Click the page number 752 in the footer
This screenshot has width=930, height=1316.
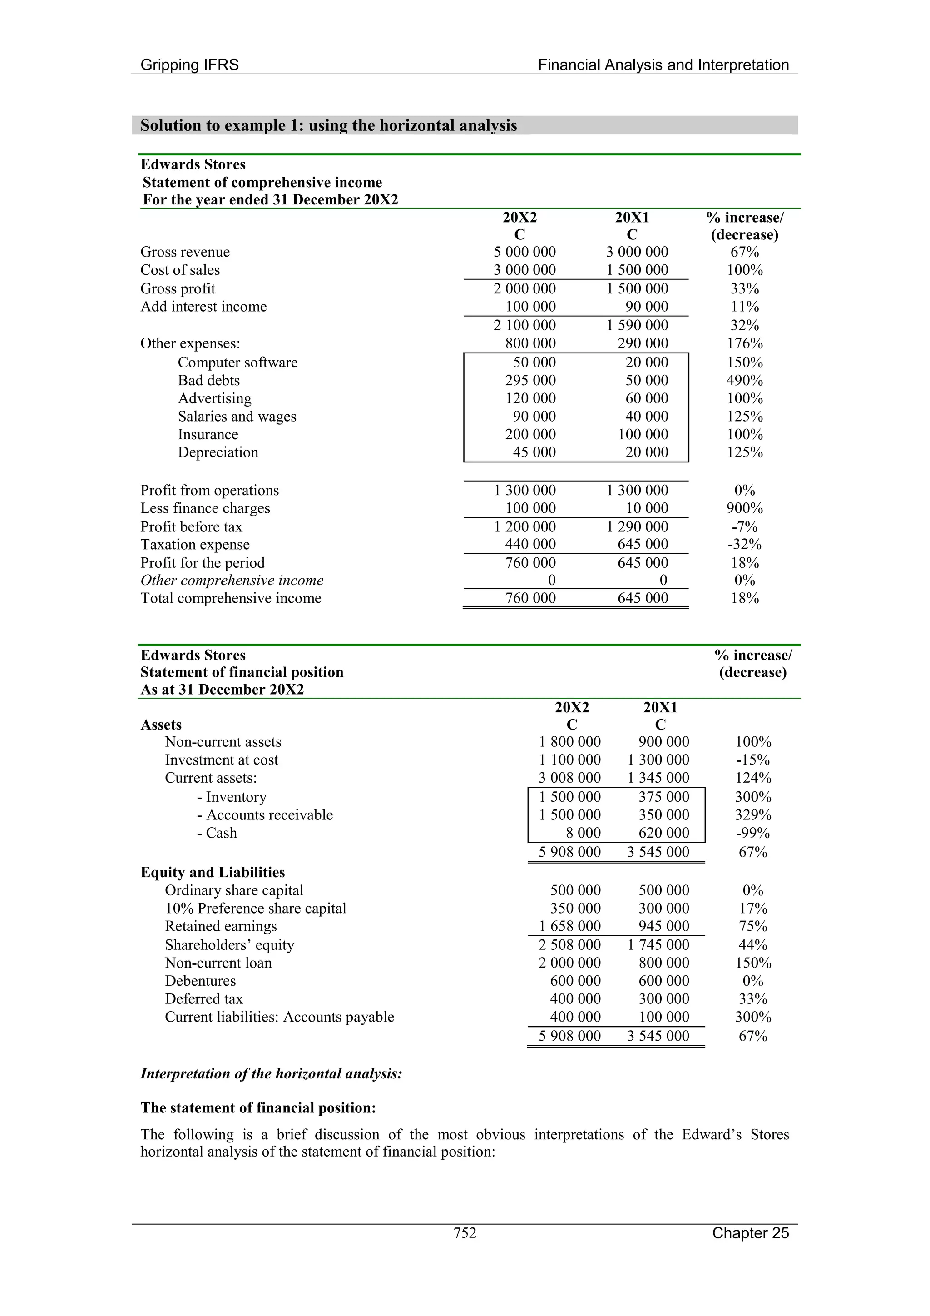tap(465, 1232)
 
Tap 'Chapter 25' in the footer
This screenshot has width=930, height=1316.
tap(750, 1233)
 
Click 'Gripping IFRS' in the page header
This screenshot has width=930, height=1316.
tap(190, 65)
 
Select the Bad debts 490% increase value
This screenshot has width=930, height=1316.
tap(744, 381)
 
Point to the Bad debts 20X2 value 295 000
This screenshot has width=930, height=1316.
tap(530, 381)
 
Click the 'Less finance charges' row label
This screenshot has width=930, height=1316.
tap(205, 508)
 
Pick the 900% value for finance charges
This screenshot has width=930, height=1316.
tap(744, 508)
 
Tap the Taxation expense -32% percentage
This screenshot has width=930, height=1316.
tap(744, 545)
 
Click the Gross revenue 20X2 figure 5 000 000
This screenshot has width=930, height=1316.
tap(524, 252)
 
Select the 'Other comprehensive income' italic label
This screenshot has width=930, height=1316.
tap(232, 581)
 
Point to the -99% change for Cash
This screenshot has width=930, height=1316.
tap(753, 833)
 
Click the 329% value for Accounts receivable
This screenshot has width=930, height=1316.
tap(753, 815)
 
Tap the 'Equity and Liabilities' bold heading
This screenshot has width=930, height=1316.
tap(213, 872)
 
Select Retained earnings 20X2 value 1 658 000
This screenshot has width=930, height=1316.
tap(569, 926)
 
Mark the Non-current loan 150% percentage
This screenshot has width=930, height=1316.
tap(753, 963)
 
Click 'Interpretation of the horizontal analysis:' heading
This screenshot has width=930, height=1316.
tap(271, 1073)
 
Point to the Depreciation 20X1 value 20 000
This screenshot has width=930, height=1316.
tap(646, 452)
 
